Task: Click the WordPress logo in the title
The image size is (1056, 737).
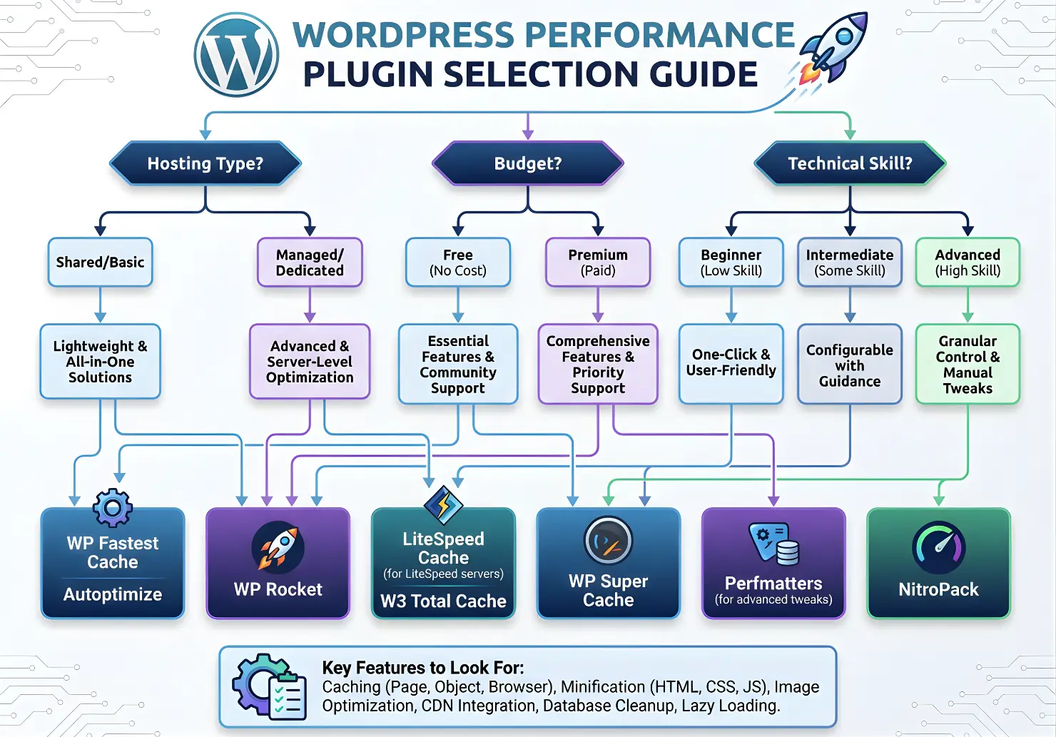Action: click(236, 55)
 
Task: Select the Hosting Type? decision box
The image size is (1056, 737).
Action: click(205, 163)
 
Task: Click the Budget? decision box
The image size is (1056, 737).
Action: click(528, 163)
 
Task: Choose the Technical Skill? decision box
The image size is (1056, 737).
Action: click(850, 163)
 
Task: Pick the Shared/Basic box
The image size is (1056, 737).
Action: click(101, 263)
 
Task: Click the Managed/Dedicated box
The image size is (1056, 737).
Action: click(310, 263)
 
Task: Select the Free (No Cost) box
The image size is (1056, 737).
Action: click(458, 263)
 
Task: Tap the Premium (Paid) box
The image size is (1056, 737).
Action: click(598, 263)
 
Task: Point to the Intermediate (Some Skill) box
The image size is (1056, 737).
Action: click(850, 263)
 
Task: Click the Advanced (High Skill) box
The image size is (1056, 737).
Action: click(968, 263)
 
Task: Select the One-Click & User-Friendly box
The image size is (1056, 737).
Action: click(731, 363)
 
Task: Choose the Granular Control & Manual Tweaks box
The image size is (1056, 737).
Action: click(968, 364)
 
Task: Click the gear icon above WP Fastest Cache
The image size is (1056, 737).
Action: click(113, 507)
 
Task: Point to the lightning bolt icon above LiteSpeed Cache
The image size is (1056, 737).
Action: click(444, 504)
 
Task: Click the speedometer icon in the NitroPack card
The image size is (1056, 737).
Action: click(938, 547)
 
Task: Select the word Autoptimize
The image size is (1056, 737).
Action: click(113, 594)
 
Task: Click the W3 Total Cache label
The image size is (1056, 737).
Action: click(443, 601)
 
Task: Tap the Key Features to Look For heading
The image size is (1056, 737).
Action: click(423, 668)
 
